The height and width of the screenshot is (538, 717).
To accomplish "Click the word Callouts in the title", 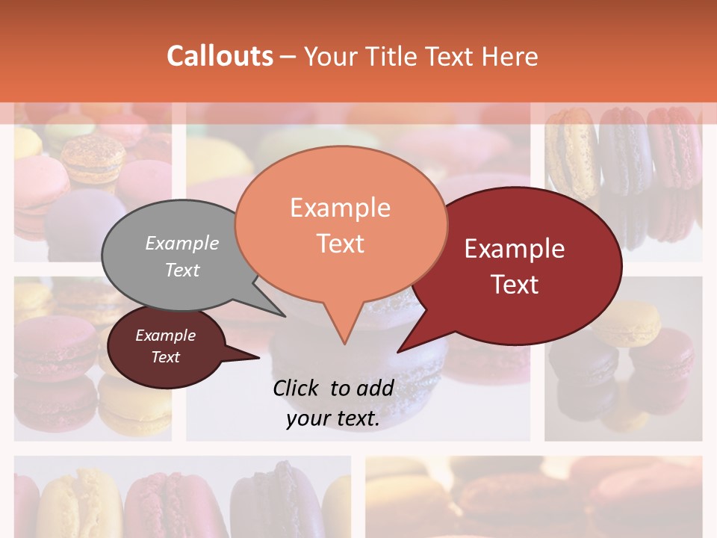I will click(x=220, y=56).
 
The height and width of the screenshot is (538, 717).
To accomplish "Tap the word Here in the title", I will click(x=509, y=57).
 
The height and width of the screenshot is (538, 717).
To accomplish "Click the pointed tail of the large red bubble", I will click(x=399, y=350).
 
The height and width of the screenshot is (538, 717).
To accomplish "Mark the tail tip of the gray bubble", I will click(x=285, y=315).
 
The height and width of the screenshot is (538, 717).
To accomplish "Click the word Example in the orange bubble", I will click(x=340, y=208).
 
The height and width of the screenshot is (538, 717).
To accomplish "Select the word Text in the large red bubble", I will click(x=515, y=285).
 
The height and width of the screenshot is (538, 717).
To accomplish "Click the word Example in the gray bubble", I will click(x=182, y=244).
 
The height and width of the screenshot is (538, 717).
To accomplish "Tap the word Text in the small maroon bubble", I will click(x=166, y=357).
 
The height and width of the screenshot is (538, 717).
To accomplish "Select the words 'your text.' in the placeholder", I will click(x=333, y=418).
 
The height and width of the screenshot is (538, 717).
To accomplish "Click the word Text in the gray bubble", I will click(x=182, y=270).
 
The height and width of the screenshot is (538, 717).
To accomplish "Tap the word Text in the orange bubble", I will click(x=340, y=244).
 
